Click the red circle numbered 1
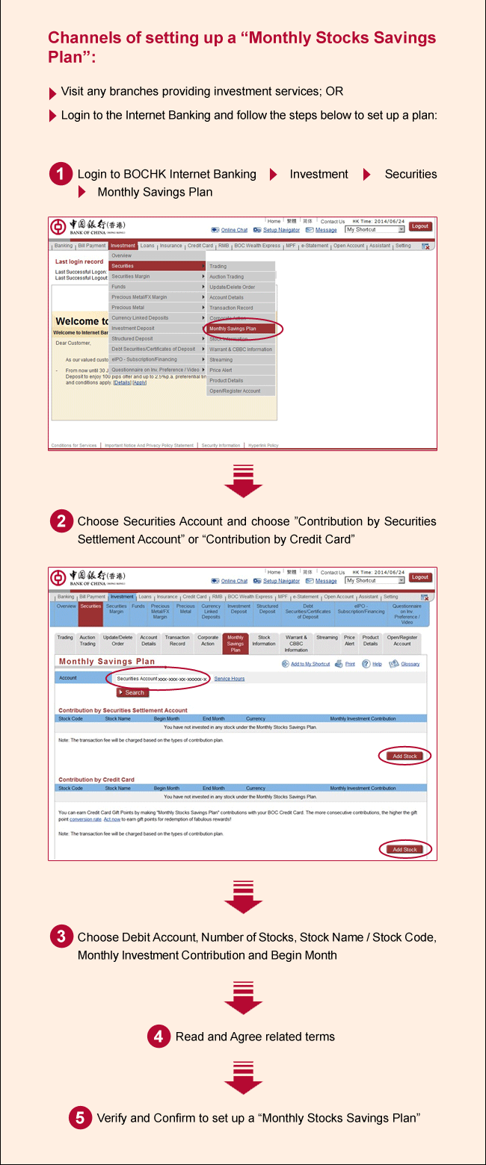click(61, 175)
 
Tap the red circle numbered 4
click(158, 1036)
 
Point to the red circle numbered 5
click(80, 1117)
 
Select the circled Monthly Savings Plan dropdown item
click(233, 329)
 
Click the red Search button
click(132, 692)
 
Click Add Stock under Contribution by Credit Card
click(405, 849)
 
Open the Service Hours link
click(230, 679)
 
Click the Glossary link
click(410, 664)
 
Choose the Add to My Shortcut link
click(310, 664)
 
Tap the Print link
click(350, 664)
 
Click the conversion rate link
click(85, 819)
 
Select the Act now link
click(112, 819)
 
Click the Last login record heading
click(79, 262)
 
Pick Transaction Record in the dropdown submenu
click(231, 308)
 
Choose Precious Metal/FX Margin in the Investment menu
click(139, 297)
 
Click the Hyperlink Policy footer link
click(263, 445)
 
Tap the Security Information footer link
click(221, 445)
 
